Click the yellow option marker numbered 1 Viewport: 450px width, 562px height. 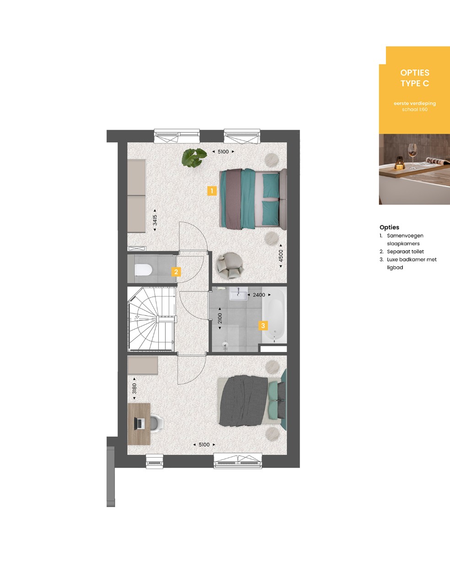[x=212, y=191]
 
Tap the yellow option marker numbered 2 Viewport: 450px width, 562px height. [x=176, y=272]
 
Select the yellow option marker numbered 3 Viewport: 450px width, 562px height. [x=263, y=326]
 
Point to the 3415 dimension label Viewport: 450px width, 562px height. [x=155, y=220]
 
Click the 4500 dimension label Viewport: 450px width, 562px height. [x=281, y=256]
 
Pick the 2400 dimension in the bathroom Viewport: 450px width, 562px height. [x=259, y=295]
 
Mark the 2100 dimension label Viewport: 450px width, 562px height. [x=220, y=319]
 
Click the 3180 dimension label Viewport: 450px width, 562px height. [x=134, y=389]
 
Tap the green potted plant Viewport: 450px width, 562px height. [x=194, y=157]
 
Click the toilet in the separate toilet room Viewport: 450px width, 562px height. [x=143, y=270]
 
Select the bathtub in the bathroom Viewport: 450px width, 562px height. [x=274, y=315]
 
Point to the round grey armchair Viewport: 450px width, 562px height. [x=230, y=265]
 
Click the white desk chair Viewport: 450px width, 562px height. [x=156, y=423]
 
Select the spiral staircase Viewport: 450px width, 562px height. [x=152, y=319]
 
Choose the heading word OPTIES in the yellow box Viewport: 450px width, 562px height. [x=415, y=73]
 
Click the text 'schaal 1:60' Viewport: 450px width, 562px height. [x=415, y=109]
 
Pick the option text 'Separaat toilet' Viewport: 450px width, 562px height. [x=405, y=252]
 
